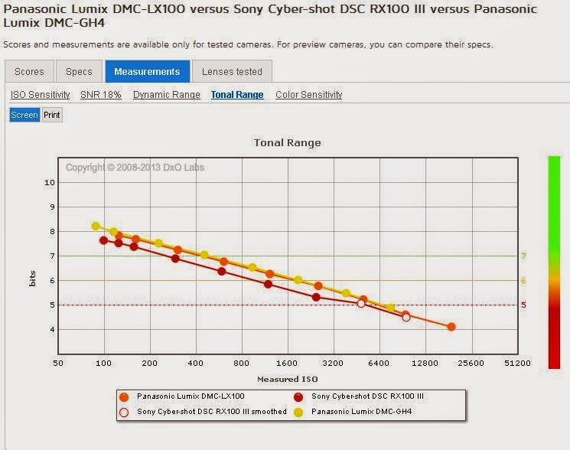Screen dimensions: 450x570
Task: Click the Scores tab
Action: [x=29, y=72]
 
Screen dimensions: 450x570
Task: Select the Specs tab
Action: [x=79, y=72]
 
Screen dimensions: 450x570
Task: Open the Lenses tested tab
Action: [x=232, y=72]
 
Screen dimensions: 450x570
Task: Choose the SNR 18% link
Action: [x=101, y=95]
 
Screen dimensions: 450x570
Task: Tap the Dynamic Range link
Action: [x=167, y=95]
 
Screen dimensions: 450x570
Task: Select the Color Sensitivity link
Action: [x=309, y=95]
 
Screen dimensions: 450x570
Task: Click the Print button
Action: [x=52, y=115]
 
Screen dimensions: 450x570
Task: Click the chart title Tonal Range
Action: [x=288, y=143]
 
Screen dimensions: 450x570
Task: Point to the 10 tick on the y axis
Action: [x=50, y=182]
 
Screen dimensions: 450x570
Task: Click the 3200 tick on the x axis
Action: [x=334, y=364]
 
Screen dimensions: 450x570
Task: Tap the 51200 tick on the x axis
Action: [x=517, y=364]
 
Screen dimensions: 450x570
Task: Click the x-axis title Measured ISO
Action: [x=287, y=379]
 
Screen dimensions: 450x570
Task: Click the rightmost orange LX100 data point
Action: [x=451, y=327]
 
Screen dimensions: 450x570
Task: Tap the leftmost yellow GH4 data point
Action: [x=96, y=226]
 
